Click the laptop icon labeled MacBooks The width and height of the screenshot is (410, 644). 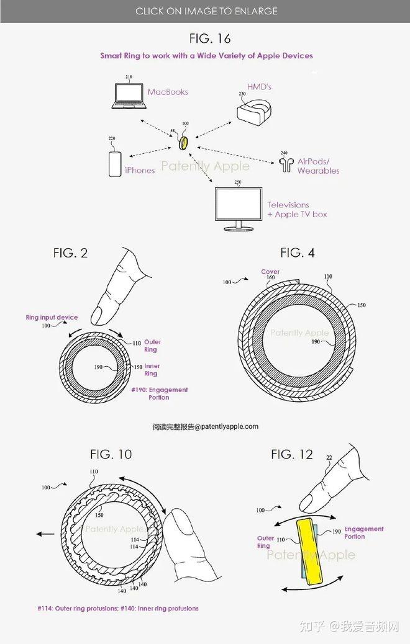tap(129, 96)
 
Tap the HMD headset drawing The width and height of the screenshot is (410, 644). tap(253, 111)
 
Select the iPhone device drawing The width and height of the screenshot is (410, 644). tap(115, 164)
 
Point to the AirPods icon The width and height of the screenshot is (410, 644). tap(286, 164)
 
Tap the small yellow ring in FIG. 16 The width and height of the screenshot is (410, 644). tap(184, 143)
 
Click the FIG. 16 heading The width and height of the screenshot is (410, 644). tap(210, 38)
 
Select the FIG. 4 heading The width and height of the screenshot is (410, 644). tap(298, 253)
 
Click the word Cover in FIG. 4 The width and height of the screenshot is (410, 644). tap(270, 272)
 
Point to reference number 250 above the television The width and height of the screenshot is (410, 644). tap(238, 182)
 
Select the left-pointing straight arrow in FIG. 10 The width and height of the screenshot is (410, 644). tap(45, 534)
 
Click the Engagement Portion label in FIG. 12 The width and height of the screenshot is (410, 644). tap(364, 533)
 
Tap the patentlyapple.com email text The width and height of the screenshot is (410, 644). tap(206, 426)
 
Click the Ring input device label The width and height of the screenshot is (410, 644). tap(52, 317)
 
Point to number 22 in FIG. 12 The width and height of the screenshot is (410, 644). tap(329, 457)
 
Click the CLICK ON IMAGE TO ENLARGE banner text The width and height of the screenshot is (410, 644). tap(206, 11)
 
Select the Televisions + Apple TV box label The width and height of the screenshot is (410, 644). tap(298, 210)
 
